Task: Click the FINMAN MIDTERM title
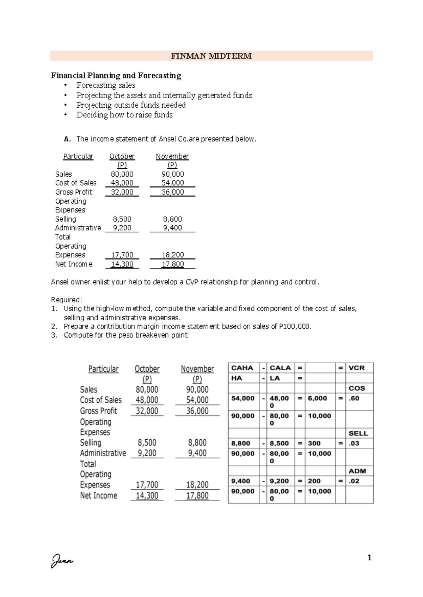click(211, 56)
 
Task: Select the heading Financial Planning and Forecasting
click(116, 75)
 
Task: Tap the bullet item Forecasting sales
click(106, 85)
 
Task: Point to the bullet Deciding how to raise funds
click(124, 115)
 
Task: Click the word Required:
click(66, 300)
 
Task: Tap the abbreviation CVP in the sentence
click(192, 282)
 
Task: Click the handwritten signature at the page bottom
click(62, 560)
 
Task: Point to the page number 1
click(369, 558)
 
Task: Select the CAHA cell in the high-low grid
click(242, 368)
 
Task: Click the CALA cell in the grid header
click(280, 368)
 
